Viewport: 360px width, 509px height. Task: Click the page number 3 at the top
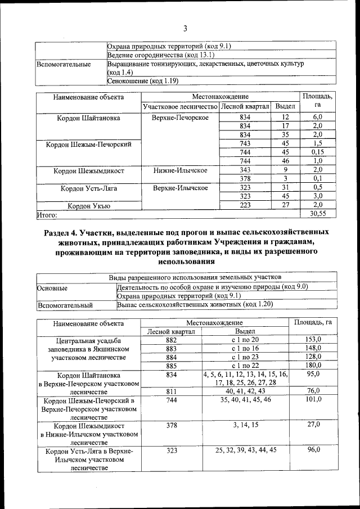pyautogui.click(x=184, y=29)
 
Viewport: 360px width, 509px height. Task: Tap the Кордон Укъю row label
pyautogui.click(x=89, y=206)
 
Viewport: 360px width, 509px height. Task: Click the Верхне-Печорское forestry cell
pyautogui.click(x=180, y=118)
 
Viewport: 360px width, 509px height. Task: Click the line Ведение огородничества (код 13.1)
pyautogui.click(x=160, y=55)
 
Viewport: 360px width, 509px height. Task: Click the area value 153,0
pyautogui.click(x=312, y=340)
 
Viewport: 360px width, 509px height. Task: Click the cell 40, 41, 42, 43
pyautogui.click(x=245, y=391)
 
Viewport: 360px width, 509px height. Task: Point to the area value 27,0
pyautogui.click(x=312, y=425)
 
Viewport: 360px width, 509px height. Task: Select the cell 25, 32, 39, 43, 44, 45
pyautogui.click(x=245, y=450)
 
